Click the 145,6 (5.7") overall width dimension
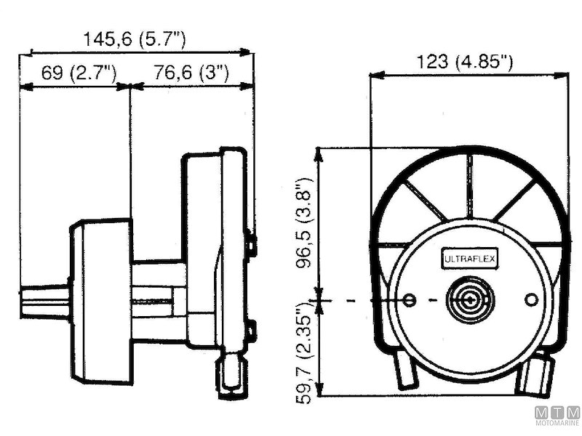click(135, 40)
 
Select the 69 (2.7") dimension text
click(79, 73)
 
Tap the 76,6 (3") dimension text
click(191, 73)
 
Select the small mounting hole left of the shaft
click(410, 300)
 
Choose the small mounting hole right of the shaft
click(531, 299)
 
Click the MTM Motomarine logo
click(557, 416)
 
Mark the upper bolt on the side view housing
click(251, 241)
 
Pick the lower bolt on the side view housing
click(251, 331)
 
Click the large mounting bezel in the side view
click(102, 302)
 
